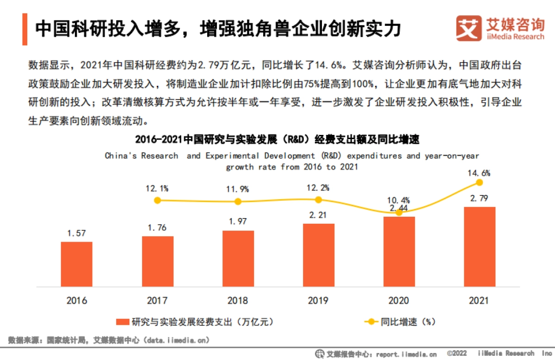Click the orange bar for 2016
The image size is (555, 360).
tap(77, 263)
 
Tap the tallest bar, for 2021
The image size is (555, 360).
tap(479, 246)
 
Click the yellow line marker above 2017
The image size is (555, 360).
tap(157, 201)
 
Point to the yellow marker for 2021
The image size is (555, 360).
tap(479, 183)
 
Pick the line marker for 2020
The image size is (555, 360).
tap(399, 213)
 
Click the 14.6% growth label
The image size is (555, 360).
tap(479, 173)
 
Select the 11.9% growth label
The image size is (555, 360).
tap(238, 189)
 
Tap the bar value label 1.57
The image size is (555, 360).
tap(77, 233)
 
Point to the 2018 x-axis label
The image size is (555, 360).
tap(238, 301)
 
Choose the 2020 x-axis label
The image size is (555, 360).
tap(399, 301)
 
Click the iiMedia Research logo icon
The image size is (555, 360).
tap(468, 28)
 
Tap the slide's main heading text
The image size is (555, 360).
tap(217, 29)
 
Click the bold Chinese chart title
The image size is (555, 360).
tap(277, 139)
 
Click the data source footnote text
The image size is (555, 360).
tap(109, 341)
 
